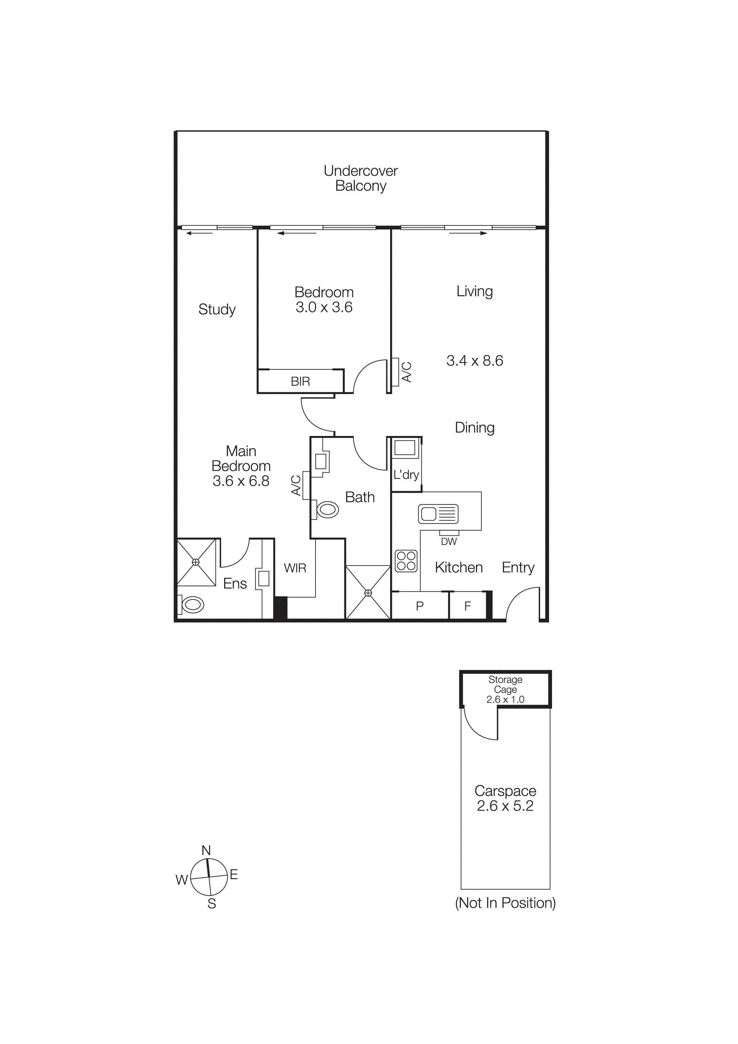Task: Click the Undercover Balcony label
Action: tap(361, 178)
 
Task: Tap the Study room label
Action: tap(217, 309)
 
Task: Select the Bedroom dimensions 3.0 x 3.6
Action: tap(324, 307)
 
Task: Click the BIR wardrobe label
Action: tap(300, 382)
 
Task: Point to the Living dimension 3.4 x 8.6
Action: tap(474, 361)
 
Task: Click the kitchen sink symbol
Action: tap(438, 514)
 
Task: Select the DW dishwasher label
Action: tap(448, 542)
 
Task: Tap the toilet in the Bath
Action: tap(327, 510)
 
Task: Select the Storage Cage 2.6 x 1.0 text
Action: tap(505, 689)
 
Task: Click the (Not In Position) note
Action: tap(505, 903)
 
